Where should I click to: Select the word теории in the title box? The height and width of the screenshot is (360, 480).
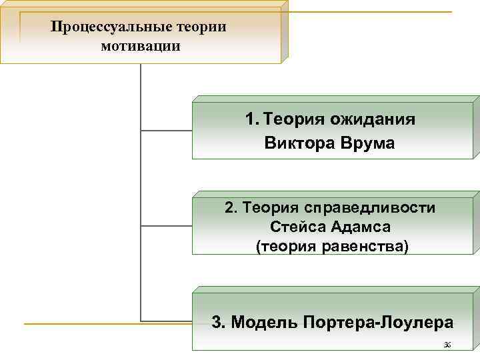[202, 27]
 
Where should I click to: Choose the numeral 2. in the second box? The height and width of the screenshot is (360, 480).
[231, 208]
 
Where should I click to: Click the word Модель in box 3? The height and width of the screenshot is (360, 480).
[263, 323]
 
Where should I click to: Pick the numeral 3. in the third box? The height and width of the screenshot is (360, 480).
[218, 323]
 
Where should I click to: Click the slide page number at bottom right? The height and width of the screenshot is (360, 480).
[447, 345]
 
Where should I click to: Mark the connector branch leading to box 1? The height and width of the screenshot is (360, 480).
[167, 130]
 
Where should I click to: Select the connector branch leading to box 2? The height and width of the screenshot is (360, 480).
[167, 225]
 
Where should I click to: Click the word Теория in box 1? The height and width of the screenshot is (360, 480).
[293, 120]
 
